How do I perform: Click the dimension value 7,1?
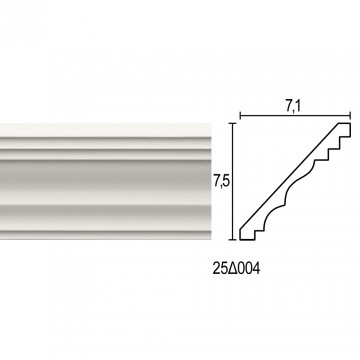[292, 107]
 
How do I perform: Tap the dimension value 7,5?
[221, 182]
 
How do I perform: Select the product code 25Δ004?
[236, 269]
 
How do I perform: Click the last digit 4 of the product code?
[256, 269]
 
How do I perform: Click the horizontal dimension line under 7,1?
[295, 116]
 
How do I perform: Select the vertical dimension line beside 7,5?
[233, 181]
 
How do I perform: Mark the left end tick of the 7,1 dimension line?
[240, 116]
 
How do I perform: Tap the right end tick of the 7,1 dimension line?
[350, 116]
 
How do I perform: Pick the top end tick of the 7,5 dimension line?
[233, 123]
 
